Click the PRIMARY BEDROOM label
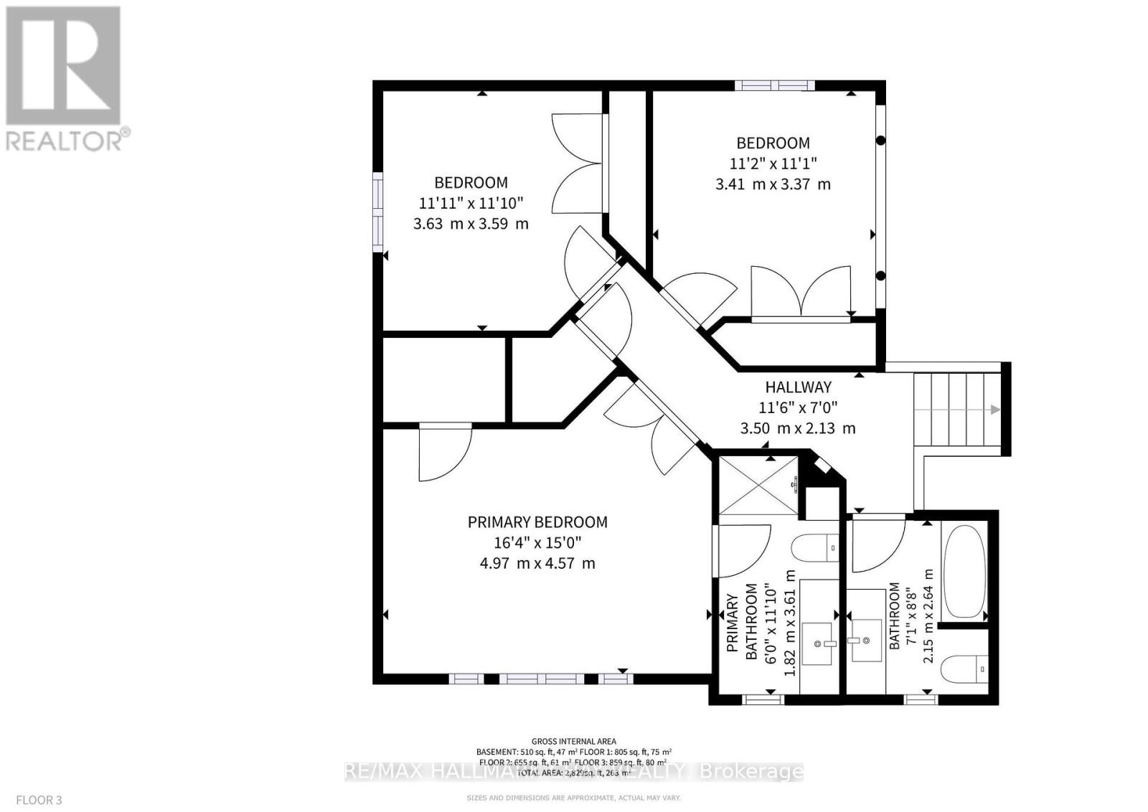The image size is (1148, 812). (537, 522)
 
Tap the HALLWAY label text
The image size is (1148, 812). (798, 387)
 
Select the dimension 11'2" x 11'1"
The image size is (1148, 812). (773, 163)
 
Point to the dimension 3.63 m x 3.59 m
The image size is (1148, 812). (471, 223)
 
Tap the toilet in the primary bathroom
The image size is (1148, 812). (815, 549)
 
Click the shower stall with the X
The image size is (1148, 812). (758, 485)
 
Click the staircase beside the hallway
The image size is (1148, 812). (957, 410)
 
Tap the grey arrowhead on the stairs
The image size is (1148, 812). (995, 410)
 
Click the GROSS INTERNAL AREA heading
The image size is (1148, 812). (573, 742)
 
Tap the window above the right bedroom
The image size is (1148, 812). (774, 85)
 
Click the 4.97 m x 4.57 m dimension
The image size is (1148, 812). (537, 563)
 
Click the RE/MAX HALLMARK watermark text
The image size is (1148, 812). (574, 772)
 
